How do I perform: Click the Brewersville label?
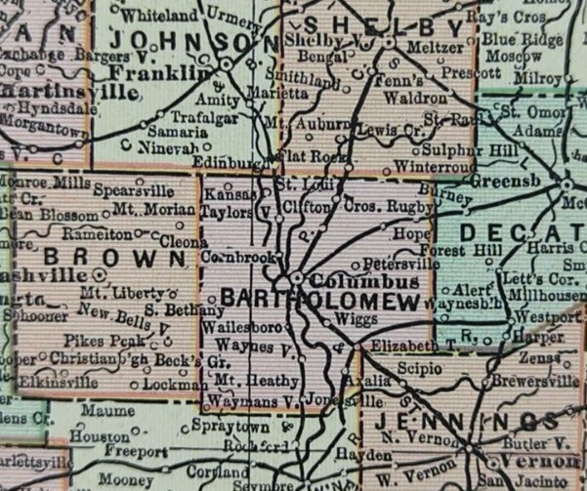pyautogui.click(x=529, y=382)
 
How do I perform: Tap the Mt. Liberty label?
pyautogui.click(x=113, y=292)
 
